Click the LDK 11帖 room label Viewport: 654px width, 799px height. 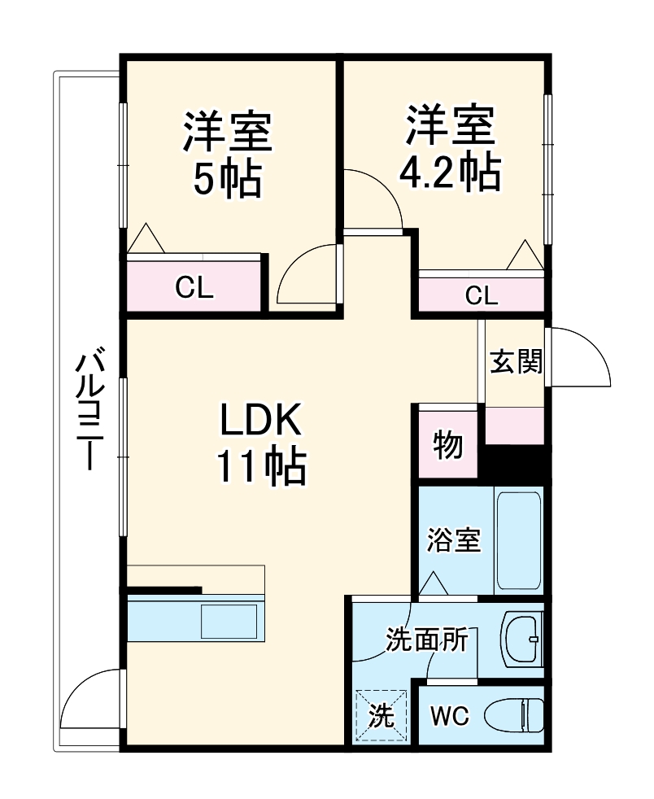point(260,443)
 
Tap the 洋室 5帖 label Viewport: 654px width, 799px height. point(227,155)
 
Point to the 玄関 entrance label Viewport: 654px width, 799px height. point(515,360)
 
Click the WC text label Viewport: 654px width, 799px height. point(449,716)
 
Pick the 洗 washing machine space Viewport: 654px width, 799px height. point(381,716)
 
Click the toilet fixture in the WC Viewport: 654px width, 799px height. point(514,716)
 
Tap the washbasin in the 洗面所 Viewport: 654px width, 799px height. point(521,640)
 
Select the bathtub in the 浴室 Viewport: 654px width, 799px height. point(518,541)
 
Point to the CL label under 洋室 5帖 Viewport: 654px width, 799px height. point(194,288)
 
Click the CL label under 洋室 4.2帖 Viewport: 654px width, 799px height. point(481,295)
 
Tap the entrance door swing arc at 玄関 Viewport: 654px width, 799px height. point(579,356)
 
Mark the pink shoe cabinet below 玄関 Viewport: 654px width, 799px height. point(514,426)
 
